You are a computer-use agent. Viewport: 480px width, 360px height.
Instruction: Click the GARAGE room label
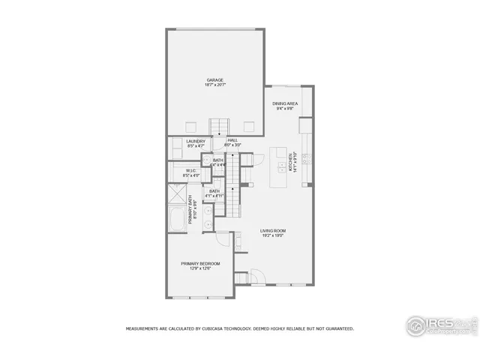point(215,80)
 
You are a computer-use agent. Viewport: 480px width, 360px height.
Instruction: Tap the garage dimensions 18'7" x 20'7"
point(215,85)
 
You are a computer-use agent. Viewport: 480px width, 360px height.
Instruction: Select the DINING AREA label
point(284,103)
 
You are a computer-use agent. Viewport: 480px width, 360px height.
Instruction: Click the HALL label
point(232,139)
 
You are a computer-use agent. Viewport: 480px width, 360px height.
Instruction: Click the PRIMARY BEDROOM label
point(200,263)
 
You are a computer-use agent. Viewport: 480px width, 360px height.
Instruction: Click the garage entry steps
point(219,125)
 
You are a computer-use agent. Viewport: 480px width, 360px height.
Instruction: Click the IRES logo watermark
point(439,324)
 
